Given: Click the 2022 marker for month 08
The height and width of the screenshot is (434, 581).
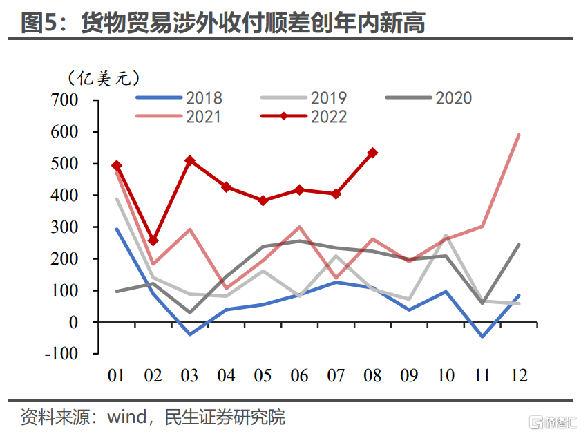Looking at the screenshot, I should [x=372, y=153].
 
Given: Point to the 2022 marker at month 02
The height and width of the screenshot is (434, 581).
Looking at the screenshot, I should [x=153, y=240].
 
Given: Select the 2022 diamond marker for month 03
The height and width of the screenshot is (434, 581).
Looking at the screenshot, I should [x=190, y=160].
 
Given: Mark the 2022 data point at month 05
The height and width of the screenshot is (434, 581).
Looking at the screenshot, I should [x=263, y=200].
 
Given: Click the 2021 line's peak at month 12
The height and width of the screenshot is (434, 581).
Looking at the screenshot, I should [x=519, y=135].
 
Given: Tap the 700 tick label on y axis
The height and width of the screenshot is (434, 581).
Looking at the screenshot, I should [x=66, y=100].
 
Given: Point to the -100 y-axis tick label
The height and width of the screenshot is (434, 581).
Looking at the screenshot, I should [x=62, y=354].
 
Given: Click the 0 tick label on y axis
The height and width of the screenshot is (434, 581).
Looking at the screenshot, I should [x=74, y=322].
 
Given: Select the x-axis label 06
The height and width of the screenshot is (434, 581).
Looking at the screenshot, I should [x=299, y=375].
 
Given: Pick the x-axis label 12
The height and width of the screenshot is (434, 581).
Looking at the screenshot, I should [x=518, y=375].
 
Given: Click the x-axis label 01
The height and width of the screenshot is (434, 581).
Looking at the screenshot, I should [x=117, y=375].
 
